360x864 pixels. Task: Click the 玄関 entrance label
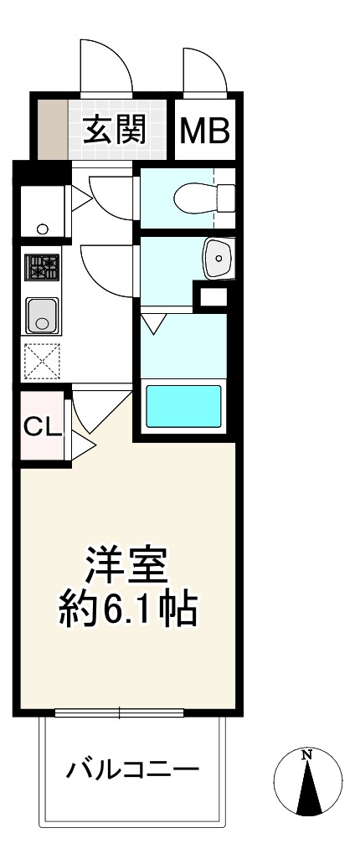coord(115,130)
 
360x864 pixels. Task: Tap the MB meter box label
coord(205,131)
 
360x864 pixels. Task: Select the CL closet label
coord(42,427)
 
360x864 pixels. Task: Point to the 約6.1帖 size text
coord(127,612)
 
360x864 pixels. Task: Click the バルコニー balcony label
coord(133,769)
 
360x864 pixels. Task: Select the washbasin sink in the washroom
coord(219,258)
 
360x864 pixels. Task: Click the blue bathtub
coord(183,407)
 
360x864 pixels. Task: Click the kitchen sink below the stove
coord(42,316)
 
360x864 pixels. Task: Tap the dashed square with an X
coord(42,361)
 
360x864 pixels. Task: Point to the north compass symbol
coord(308,782)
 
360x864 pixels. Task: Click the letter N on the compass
coord(307,756)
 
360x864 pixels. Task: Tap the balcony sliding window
coord(119,713)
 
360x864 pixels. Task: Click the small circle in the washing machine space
coord(42,229)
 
